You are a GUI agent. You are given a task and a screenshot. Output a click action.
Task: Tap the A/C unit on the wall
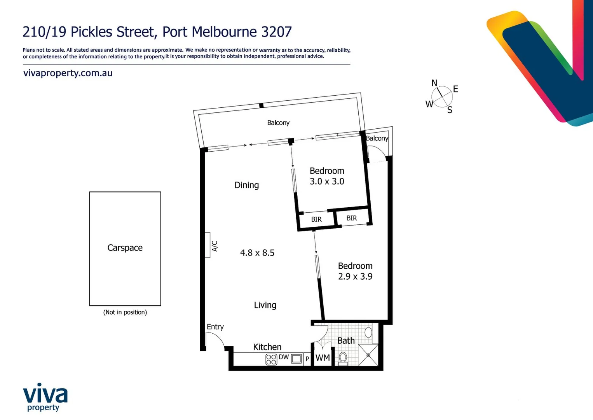click(x=208, y=245)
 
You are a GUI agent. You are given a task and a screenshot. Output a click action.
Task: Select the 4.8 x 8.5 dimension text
click(x=257, y=253)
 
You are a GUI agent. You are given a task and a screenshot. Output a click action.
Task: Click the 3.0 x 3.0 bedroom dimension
click(x=327, y=182)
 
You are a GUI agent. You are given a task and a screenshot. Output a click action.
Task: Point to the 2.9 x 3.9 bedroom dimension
click(x=355, y=276)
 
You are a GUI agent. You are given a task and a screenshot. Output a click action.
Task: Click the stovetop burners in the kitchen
click(x=271, y=359)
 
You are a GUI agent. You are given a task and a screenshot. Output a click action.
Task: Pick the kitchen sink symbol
click(x=296, y=359)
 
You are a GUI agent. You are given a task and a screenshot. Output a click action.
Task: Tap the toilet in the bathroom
click(x=343, y=357)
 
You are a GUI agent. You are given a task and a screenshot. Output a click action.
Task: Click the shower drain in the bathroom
click(x=368, y=355)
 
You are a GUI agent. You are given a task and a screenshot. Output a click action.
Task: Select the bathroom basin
click(x=368, y=332)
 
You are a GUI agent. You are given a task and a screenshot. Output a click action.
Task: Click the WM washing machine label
click(x=323, y=358)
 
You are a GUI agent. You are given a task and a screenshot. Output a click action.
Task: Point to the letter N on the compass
click(x=434, y=83)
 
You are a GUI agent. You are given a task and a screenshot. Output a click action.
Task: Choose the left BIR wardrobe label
click(x=316, y=219)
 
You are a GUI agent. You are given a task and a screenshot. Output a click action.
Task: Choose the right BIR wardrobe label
click(x=352, y=218)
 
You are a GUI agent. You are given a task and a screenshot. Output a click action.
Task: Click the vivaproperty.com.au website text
click(x=68, y=73)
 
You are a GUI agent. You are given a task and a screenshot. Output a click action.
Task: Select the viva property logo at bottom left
click(x=45, y=397)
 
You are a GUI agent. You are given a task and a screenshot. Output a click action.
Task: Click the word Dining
click(x=246, y=185)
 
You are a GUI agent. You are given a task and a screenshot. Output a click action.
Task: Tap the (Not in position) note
click(x=125, y=312)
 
